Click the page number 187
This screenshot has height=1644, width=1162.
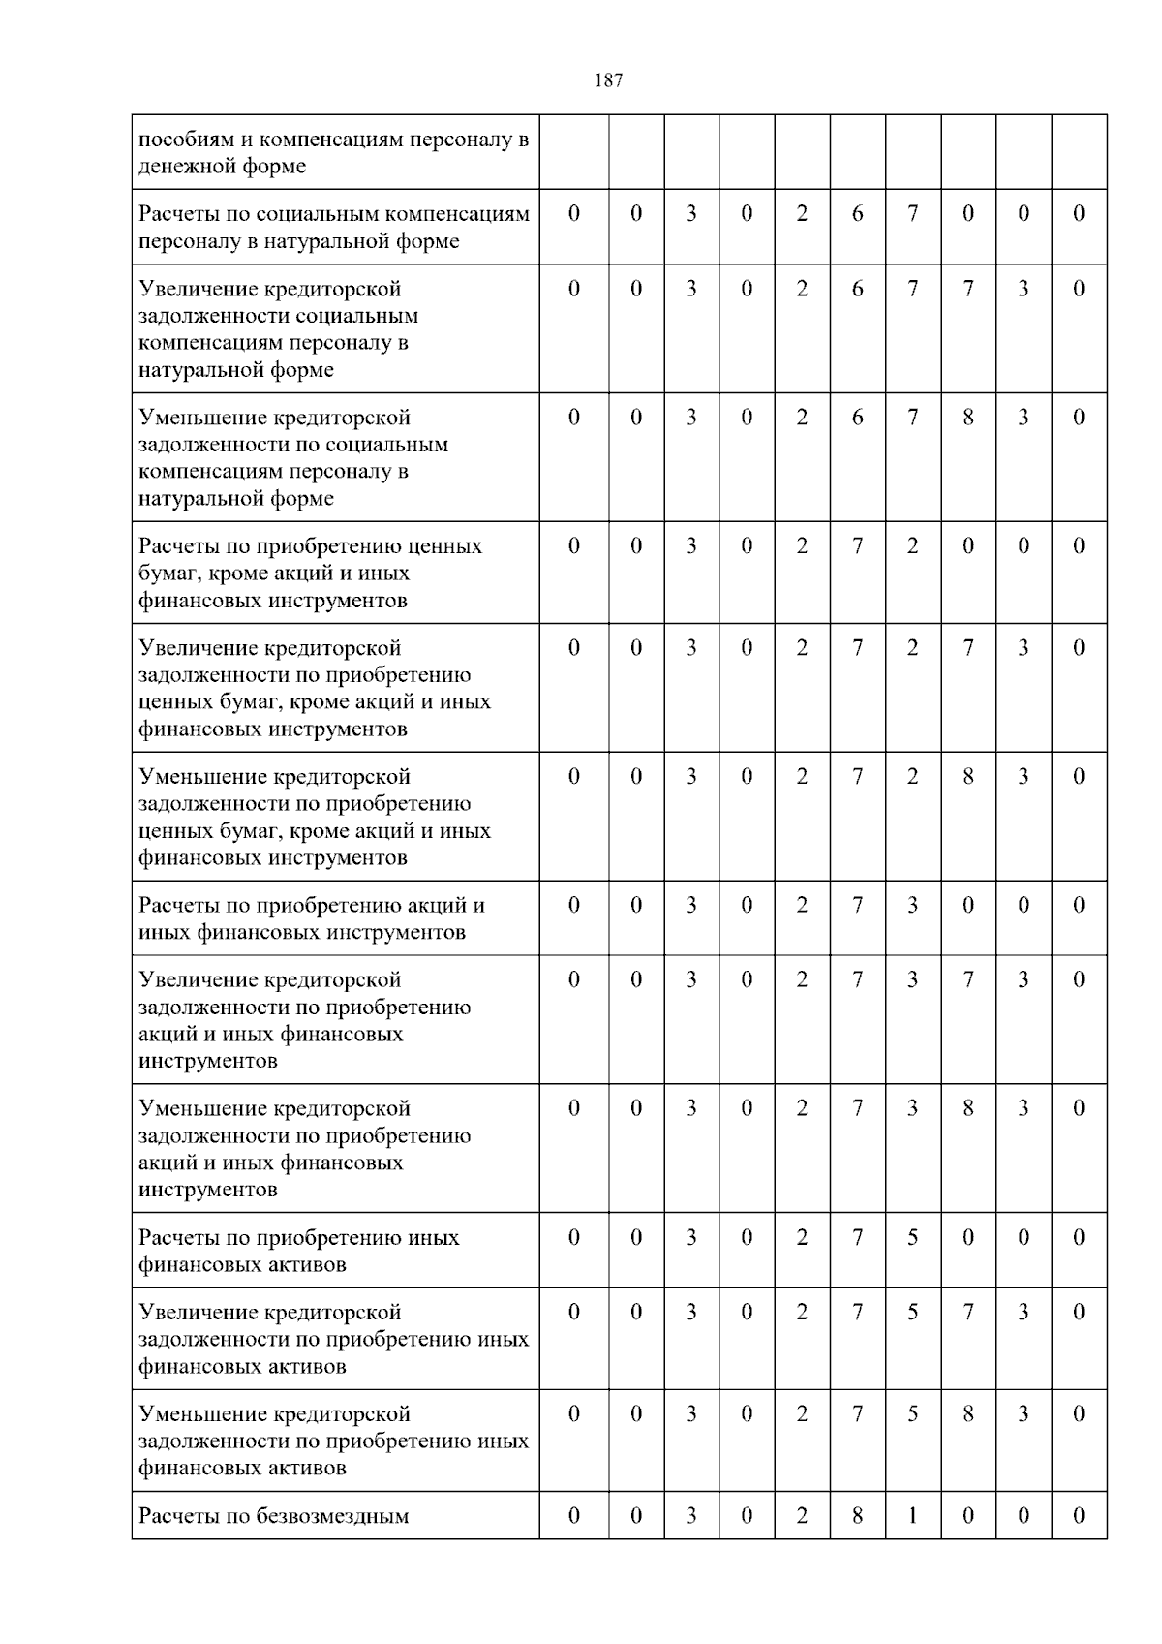[x=608, y=80]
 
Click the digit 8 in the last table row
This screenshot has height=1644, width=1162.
[x=857, y=1515]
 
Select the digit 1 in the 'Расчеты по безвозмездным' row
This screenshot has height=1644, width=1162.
[x=912, y=1515]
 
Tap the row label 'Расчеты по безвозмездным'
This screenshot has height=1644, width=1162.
[x=274, y=1516]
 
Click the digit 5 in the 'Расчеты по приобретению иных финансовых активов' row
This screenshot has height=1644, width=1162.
[x=912, y=1237]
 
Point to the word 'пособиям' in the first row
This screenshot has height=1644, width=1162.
[x=183, y=139]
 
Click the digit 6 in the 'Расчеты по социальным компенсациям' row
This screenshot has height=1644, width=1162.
[x=857, y=213]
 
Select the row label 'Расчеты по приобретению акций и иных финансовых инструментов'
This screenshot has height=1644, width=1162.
[x=312, y=918]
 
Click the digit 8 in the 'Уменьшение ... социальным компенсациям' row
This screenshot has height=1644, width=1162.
[x=967, y=418]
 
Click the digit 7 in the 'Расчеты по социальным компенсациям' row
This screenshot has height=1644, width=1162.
[x=912, y=213]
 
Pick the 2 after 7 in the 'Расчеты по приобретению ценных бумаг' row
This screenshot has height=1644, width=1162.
[x=912, y=545]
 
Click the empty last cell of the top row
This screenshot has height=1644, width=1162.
[x=1079, y=151]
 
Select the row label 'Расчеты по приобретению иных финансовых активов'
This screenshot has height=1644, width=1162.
[x=298, y=1251]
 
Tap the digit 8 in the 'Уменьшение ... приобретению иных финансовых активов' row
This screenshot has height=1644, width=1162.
[x=967, y=1413]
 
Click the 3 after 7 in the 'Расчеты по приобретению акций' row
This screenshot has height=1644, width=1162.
[x=912, y=905]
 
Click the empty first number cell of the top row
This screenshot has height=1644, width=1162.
[x=574, y=151]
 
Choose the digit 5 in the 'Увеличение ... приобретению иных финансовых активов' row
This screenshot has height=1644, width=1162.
[x=912, y=1312]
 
